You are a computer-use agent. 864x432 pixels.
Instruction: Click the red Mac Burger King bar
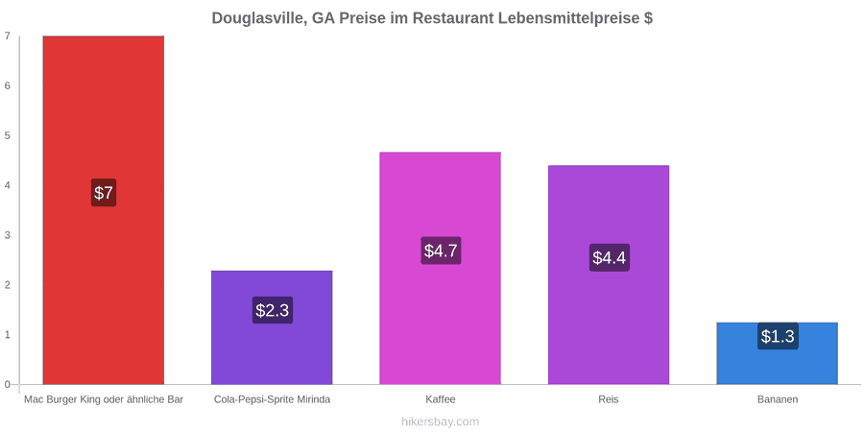click(x=104, y=210)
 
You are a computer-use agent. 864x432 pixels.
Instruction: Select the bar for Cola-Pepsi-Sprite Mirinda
click(x=272, y=327)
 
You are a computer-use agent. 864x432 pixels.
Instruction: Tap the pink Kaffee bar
click(x=441, y=268)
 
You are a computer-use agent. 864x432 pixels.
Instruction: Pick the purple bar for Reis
click(x=609, y=275)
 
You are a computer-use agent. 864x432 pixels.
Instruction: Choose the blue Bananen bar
click(x=777, y=353)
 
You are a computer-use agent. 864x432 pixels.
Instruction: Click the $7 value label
click(x=104, y=193)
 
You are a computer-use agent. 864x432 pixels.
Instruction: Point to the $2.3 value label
click(x=273, y=310)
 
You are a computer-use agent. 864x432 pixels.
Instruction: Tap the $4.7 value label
click(x=441, y=251)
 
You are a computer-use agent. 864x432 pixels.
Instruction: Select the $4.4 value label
click(x=610, y=257)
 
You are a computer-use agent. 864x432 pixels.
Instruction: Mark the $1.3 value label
click(x=778, y=336)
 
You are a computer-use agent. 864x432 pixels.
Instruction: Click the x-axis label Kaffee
click(x=441, y=399)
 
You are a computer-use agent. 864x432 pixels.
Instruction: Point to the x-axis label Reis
click(x=609, y=399)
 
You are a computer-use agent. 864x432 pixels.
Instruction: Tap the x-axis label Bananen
click(x=777, y=399)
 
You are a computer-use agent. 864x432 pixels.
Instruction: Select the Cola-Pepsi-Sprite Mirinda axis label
click(x=273, y=399)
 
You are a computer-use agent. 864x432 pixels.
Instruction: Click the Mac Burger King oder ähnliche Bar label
click(x=104, y=399)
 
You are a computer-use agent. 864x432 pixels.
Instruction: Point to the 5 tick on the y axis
click(x=8, y=135)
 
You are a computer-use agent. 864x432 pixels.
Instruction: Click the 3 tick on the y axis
click(x=8, y=235)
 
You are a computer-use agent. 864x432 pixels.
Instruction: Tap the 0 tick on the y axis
click(x=8, y=385)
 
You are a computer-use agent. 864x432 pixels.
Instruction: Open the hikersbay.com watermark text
click(x=432, y=421)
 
